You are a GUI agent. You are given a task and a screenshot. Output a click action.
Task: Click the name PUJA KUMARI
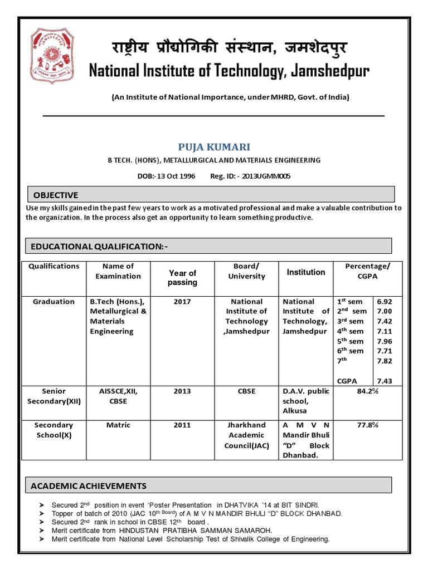pos(214,147)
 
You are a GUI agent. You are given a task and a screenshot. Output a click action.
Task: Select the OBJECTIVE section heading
pos(53,195)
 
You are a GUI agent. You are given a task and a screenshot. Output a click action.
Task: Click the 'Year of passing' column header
pos(182,277)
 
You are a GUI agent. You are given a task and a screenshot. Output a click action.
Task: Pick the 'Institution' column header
pos(305,272)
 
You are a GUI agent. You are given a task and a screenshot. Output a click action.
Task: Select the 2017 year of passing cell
pos(182,302)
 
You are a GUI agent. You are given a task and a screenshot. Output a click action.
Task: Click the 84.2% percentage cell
pos(367,391)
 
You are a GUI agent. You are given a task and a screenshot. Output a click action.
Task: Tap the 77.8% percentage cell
pos(367,425)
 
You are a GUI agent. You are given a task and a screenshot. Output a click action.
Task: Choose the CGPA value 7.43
pos(385,381)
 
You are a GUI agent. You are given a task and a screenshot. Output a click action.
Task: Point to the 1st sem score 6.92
pos(385,302)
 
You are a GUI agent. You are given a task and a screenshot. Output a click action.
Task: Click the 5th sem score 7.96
pos(385,341)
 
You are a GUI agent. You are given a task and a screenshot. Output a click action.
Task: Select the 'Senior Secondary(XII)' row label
pos(53,396)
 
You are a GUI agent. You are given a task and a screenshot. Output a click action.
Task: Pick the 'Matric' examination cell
pos(118,425)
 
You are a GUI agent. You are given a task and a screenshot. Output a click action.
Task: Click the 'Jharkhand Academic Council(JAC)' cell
pos(246,435)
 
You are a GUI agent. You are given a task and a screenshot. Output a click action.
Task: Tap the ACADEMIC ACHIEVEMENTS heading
pos(89,486)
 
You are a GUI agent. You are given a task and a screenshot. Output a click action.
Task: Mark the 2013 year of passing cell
pos(182,391)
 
